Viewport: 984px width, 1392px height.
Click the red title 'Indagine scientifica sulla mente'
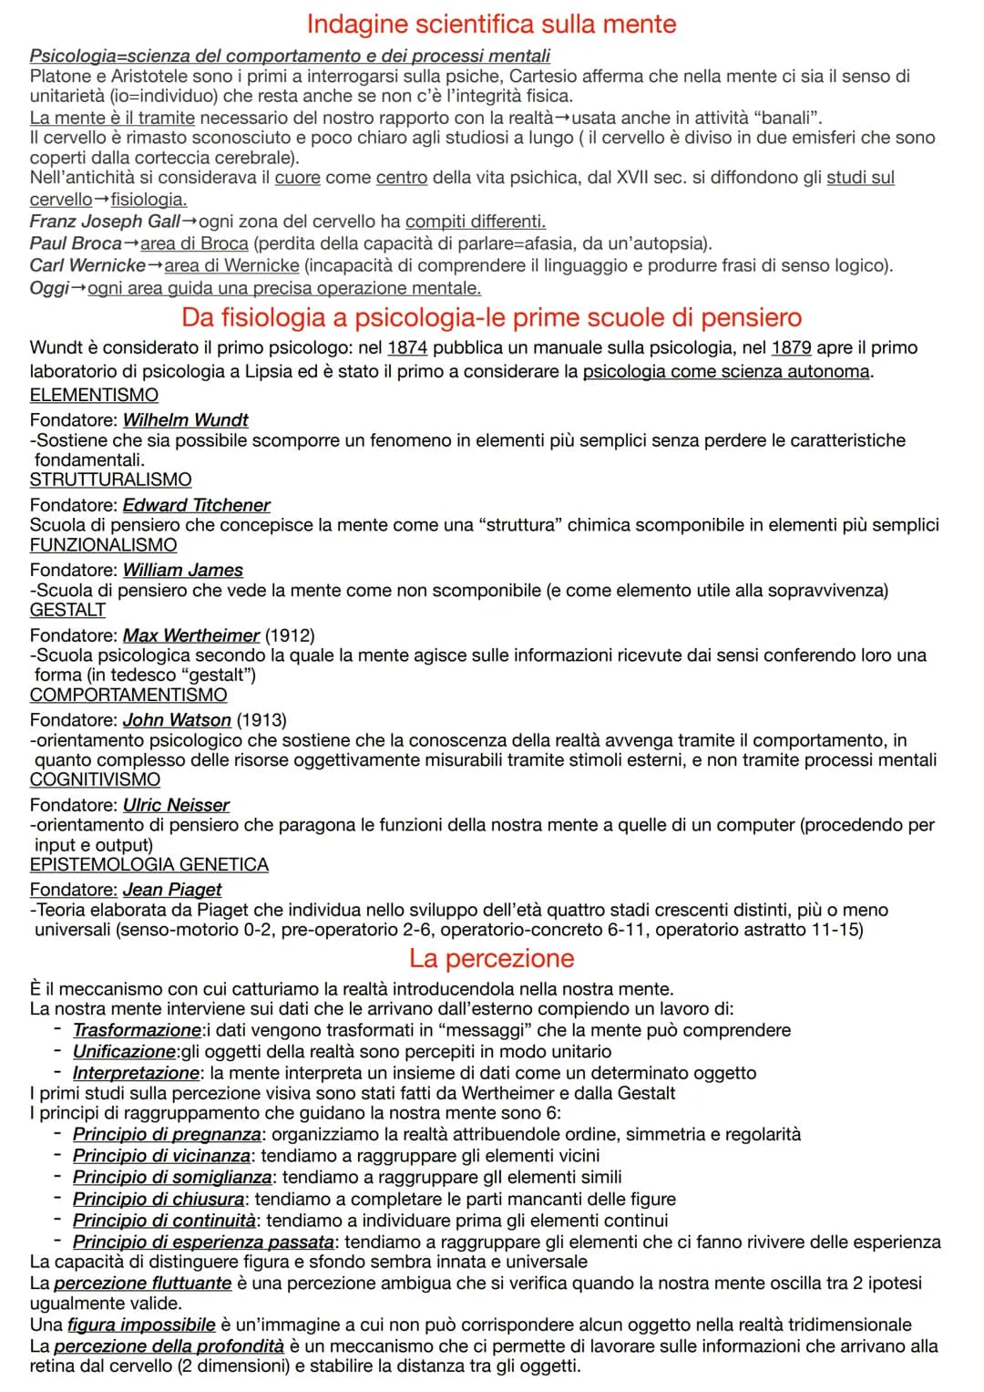(x=491, y=23)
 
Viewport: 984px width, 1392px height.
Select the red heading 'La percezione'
(x=491, y=958)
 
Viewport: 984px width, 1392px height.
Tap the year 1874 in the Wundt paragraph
(x=407, y=347)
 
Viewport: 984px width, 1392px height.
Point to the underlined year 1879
(x=791, y=347)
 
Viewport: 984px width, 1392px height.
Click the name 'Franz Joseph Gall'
(x=105, y=222)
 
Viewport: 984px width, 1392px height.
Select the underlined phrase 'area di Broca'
(x=194, y=243)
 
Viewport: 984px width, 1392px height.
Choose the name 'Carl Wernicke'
(x=87, y=265)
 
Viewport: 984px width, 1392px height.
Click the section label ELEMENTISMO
(x=94, y=395)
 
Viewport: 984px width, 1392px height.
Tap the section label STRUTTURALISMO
(x=110, y=479)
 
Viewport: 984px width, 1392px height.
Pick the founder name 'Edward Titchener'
(x=197, y=505)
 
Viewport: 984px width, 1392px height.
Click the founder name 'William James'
(x=183, y=570)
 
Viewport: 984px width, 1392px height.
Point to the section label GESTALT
(x=67, y=610)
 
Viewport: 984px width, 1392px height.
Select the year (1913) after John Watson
(x=261, y=720)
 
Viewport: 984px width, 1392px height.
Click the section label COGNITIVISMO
(x=95, y=779)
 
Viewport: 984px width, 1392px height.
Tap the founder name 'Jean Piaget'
(x=172, y=889)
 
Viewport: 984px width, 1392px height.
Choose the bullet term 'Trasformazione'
(x=137, y=1030)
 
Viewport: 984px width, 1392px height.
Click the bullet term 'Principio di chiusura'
(x=159, y=1199)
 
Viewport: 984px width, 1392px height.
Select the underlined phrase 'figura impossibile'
(x=141, y=1325)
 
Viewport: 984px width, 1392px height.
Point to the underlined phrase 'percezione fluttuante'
(x=142, y=1283)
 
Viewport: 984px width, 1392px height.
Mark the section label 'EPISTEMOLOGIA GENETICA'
(x=149, y=864)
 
